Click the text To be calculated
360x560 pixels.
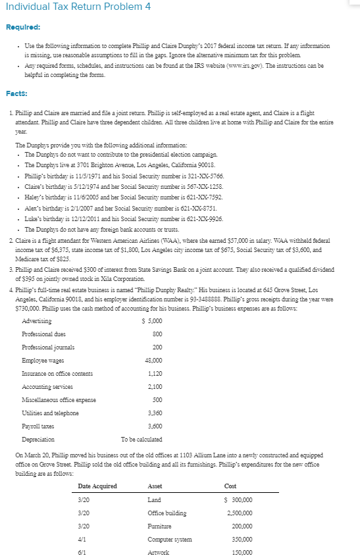point(141,439)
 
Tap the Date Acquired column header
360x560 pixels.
point(97,486)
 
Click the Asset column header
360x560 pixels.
point(155,486)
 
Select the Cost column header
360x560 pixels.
point(230,486)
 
